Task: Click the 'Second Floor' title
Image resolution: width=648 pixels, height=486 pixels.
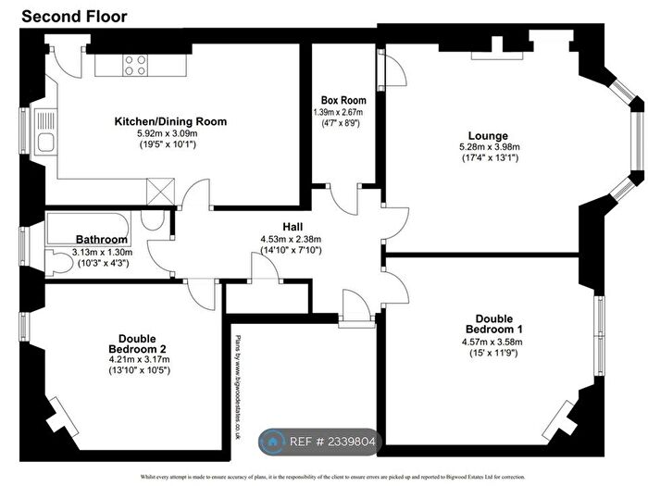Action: pos(74,16)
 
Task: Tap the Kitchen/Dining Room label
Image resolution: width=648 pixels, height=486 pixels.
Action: pos(169,121)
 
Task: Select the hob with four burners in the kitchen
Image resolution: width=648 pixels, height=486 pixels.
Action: pos(135,65)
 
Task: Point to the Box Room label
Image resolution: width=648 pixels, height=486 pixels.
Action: pos(343,100)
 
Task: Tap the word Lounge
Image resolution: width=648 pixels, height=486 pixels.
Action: pos(489,134)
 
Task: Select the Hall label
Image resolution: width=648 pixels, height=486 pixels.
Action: pos(293,226)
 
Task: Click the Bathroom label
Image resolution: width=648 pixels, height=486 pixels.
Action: pos(101,239)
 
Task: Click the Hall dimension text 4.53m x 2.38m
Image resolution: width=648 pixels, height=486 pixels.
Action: pos(293,238)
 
